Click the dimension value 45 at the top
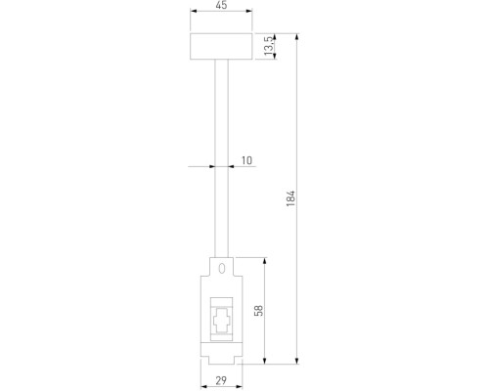220,6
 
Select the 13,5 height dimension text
269,46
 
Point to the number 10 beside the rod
245,158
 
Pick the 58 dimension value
259,310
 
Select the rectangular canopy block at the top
220,46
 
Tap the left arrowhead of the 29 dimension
204,372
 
